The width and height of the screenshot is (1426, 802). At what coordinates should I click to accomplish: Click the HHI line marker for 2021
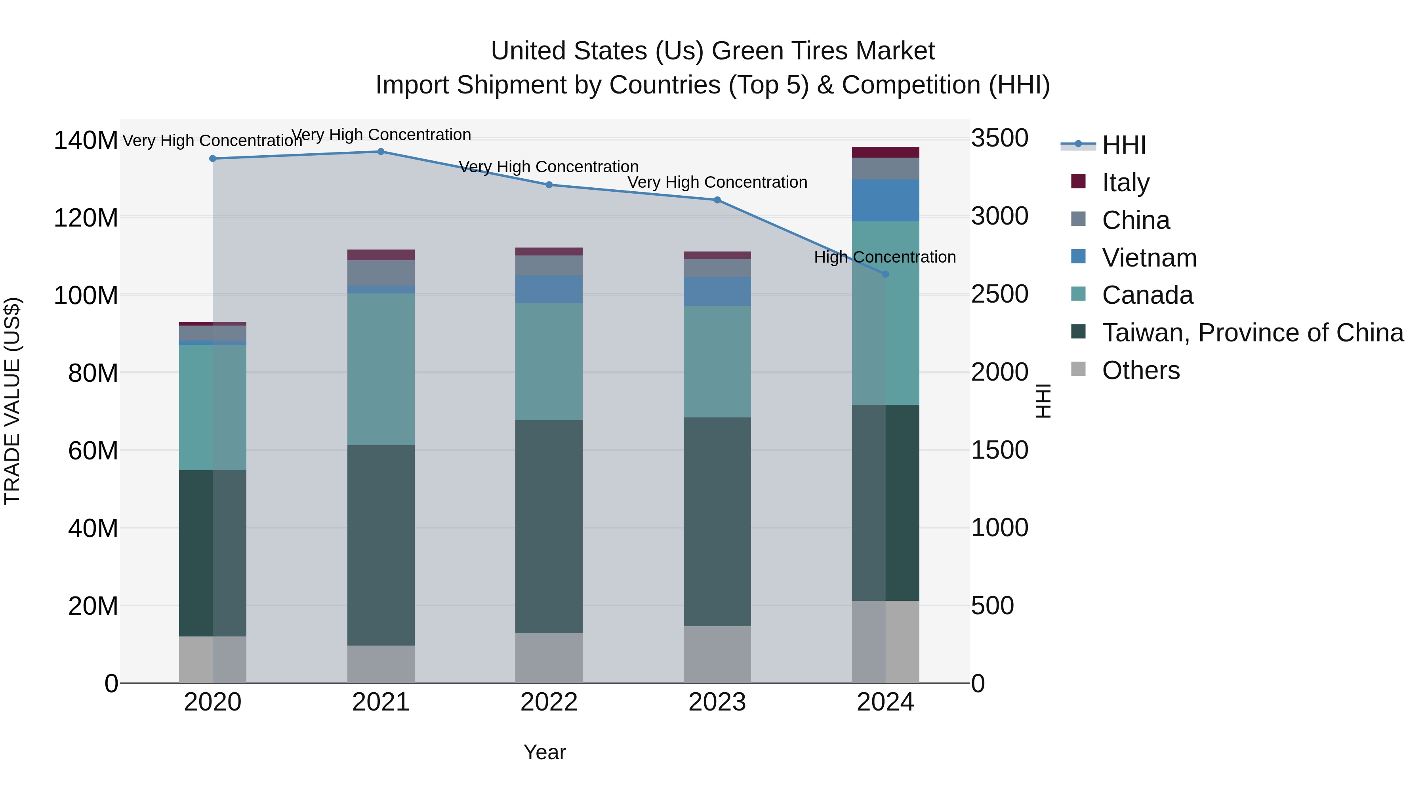381,152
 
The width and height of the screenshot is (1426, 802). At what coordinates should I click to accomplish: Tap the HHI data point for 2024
885,274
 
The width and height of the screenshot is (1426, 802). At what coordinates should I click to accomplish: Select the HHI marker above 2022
549,185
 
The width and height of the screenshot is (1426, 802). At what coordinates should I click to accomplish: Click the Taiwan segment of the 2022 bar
549,526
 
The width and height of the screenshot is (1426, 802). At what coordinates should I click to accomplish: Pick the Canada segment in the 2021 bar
381,369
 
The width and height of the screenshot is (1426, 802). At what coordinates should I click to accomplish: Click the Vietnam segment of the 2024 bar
885,200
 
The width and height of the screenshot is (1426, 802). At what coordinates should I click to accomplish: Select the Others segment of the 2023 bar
717,654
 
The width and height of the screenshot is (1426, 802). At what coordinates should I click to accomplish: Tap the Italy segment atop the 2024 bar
885,152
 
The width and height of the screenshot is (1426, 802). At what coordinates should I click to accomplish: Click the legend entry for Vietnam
1149,258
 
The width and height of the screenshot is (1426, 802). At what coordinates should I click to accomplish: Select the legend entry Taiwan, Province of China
1252,333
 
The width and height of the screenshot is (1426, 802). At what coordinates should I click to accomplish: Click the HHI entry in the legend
1124,145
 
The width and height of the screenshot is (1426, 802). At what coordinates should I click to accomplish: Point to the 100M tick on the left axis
86,295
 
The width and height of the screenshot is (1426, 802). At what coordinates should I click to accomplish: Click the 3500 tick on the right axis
999,138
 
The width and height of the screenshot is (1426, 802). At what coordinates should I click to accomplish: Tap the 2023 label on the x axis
717,702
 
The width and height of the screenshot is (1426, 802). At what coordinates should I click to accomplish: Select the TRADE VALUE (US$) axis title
13,401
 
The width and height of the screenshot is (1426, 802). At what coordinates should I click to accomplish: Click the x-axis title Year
545,752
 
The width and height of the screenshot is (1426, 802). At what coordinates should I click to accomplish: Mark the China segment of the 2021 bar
381,273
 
